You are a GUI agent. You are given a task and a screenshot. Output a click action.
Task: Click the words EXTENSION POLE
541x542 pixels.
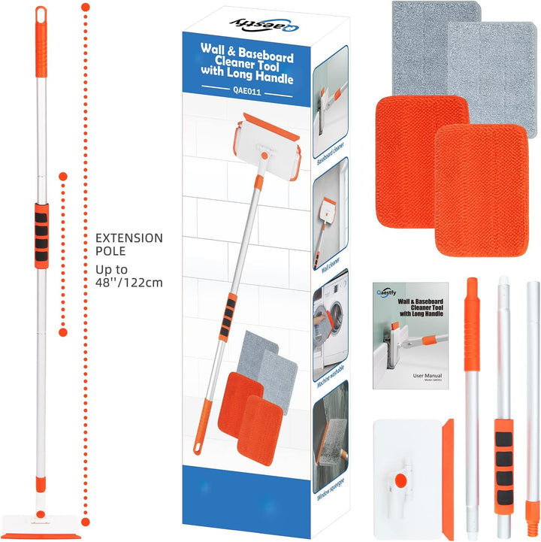click(128, 245)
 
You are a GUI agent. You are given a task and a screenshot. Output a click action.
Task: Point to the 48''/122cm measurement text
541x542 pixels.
click(128, 283)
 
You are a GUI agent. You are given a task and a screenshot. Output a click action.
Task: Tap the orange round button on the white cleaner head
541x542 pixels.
click(400, 479)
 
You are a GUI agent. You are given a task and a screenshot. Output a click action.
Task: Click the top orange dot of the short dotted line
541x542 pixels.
click(63, 176)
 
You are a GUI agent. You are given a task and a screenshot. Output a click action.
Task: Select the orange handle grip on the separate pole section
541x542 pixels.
click(471, 323)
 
